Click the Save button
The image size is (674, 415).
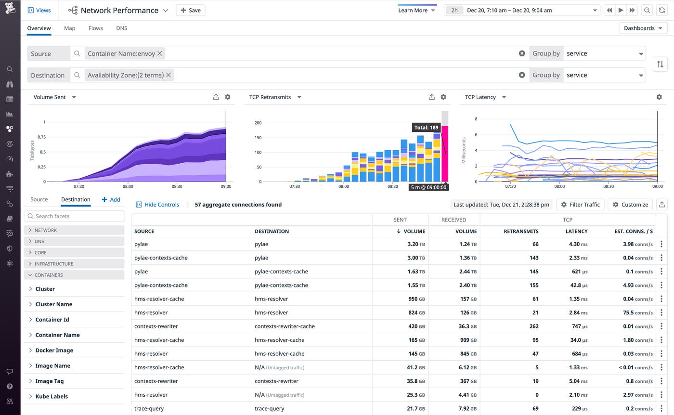(191, 10)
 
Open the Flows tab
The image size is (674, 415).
(95, 28)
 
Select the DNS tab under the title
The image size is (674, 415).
(121, 28)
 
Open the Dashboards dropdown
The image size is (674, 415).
(643, 28)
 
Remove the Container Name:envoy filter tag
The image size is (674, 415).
(160, 53)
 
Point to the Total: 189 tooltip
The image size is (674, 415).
(427, 128)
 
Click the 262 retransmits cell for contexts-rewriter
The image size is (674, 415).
(532, 326)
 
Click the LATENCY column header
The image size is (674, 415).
(576, 231)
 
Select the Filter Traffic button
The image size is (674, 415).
(580, 205)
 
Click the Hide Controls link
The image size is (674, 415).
(157, 205)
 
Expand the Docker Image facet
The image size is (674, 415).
(54, 350)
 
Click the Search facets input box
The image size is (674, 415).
(75, 216)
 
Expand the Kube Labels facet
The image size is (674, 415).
(52, 397)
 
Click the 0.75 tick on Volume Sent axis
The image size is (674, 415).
(41, 137)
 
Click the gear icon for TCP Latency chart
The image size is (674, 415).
(659, 97)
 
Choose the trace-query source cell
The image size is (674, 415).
(149, 408)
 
